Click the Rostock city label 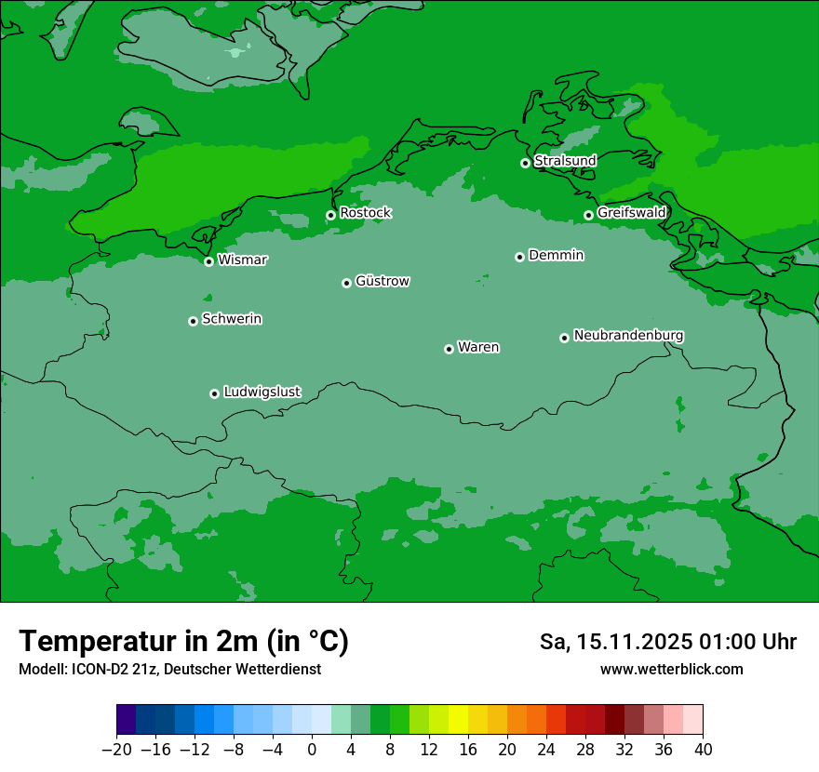365,213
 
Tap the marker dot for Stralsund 525,163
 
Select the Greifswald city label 631,213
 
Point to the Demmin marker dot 519,257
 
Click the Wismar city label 242,260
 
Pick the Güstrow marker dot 346,283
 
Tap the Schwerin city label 232,319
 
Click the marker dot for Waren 449,349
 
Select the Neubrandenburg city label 628,336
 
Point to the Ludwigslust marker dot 214,393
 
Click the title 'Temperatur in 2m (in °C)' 183,642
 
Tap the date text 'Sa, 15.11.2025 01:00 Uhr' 667,643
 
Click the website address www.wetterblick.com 671,670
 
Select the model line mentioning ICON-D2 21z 169,670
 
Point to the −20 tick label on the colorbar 116,750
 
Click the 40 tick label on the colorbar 703,750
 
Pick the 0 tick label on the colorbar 312,750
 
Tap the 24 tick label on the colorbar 546,750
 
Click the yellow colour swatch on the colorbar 458,720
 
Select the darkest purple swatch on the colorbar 127,720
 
